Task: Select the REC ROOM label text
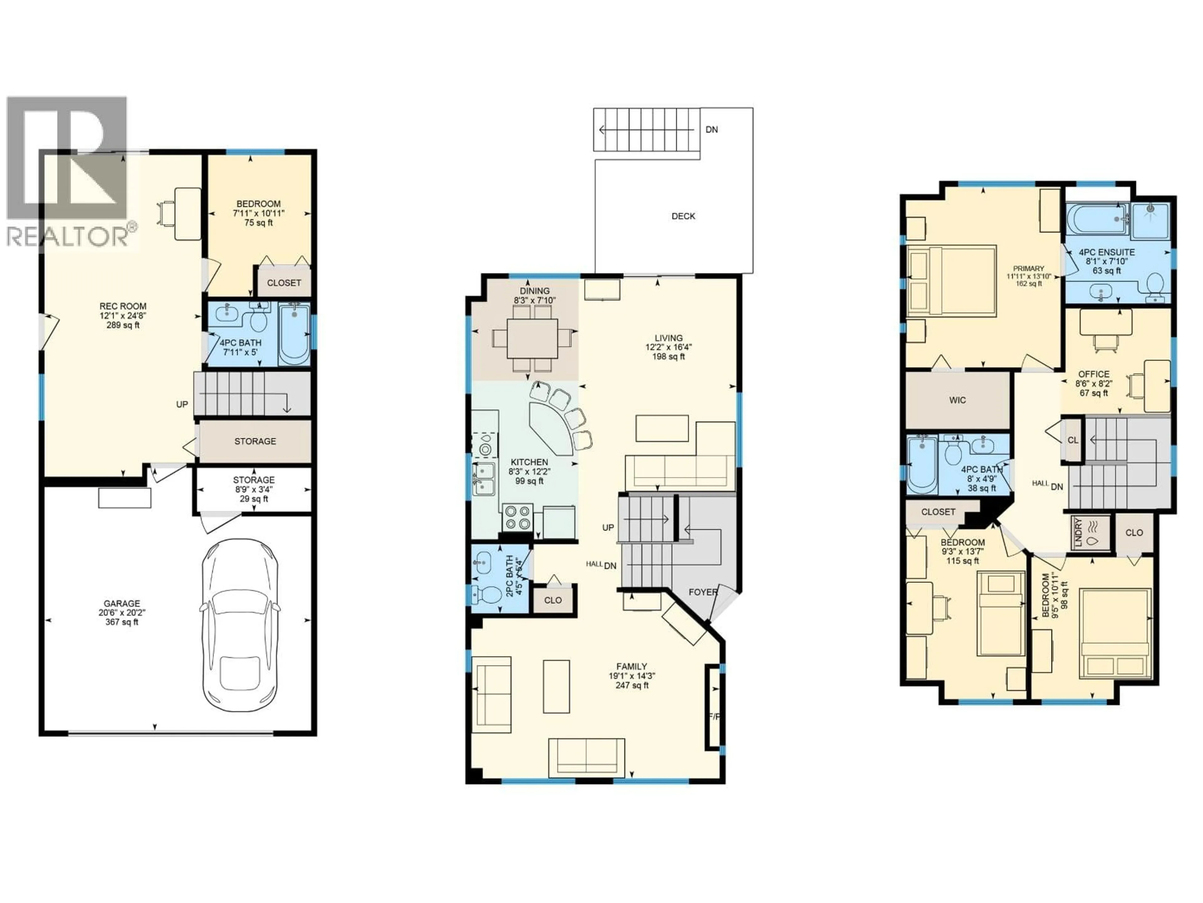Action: pyautogui.click(x=123, y=306)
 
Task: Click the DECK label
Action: pyautogui.click(x=683, y=216)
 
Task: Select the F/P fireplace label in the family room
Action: pyautogui.click(x=714, y=716)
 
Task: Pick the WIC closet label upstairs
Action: pyautogui.click(x=958, y=400)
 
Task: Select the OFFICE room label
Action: pyautogui.click(x=1094, y=374)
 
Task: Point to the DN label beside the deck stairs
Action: pyautogui.click(x=711, y=129)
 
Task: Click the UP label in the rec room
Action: pyautogui.click(x=182, y=404)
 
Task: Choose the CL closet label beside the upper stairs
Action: pyautogui.click(x=1072, y=440)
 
